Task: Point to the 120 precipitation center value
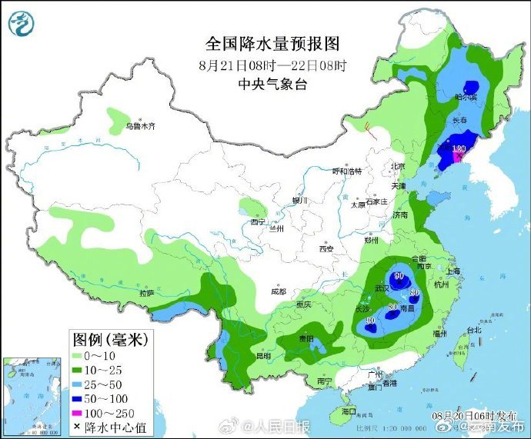point(459,149)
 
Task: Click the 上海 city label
point(453,271)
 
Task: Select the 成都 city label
point(278,291)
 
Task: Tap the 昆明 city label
point(263,357)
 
